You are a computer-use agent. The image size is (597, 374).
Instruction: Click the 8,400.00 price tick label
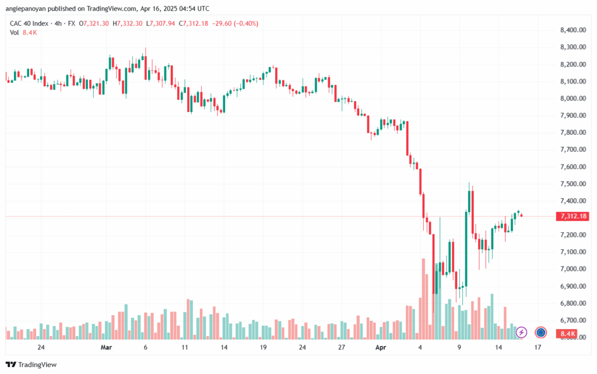[573, 30]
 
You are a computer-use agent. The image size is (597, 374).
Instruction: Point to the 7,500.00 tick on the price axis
[573, 184]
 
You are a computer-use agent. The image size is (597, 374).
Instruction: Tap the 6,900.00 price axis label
[573, 286]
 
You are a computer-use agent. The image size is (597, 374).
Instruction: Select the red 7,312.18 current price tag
[573, 216]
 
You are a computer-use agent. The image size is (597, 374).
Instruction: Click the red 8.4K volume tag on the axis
[567, 334]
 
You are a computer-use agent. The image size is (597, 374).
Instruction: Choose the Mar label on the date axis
[106, 347]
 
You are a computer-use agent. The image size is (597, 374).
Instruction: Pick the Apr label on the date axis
[381, 347]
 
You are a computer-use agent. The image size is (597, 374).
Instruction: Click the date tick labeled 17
[538, 347]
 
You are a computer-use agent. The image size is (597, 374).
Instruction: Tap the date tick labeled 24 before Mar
[41, 347]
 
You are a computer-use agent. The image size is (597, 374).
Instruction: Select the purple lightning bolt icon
[521, 333]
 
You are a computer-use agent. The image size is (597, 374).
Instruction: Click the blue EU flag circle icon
[540, 333]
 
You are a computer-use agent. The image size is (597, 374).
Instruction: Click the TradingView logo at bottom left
[31, 365]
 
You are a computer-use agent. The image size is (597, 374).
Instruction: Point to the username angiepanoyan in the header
[24, 8]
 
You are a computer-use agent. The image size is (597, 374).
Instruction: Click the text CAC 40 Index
[29, 23]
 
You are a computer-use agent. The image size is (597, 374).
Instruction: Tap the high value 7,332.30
[129, 23]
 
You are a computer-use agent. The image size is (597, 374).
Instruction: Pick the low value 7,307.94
[162, 23]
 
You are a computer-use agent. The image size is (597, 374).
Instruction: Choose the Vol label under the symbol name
[14, 33]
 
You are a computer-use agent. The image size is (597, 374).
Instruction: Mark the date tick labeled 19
[263, 347]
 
